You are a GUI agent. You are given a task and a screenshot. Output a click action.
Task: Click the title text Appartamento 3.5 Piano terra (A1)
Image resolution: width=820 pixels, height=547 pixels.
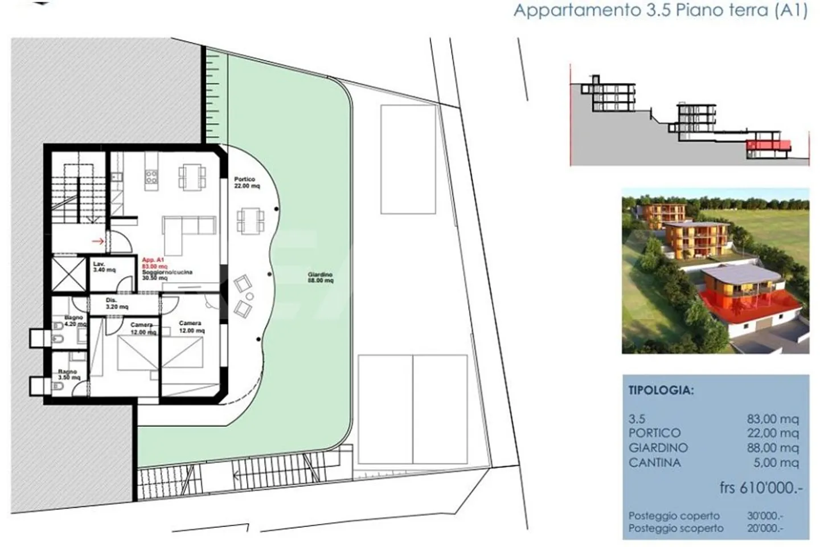coord(660,11)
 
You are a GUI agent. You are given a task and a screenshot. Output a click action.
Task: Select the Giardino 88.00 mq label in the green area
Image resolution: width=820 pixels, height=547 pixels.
coord(319,277)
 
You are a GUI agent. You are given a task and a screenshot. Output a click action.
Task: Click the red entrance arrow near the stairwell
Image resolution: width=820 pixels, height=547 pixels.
coord(98,242)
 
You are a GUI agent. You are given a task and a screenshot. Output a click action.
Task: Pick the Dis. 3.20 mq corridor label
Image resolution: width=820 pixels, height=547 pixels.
coord(117,303)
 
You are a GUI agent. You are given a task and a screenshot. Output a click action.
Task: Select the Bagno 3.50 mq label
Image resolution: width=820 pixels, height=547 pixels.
coord(68,375)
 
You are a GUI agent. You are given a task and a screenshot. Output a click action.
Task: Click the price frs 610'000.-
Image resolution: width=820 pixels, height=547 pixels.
coord(761,488)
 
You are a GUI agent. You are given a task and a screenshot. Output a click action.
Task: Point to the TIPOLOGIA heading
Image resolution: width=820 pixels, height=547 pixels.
coord(661,391)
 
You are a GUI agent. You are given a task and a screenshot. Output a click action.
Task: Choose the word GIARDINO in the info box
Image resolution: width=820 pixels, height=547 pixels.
coord(658,448)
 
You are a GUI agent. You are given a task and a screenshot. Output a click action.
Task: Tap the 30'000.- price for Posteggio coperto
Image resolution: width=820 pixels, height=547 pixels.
coord(765,516)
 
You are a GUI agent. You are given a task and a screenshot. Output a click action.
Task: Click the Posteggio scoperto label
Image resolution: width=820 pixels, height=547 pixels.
coord(676,528)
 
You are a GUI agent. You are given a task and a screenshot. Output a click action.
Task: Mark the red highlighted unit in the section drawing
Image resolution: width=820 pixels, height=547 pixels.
coord(769,146)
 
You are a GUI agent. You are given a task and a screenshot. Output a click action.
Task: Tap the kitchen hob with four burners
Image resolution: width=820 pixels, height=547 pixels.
coord(151,177)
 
